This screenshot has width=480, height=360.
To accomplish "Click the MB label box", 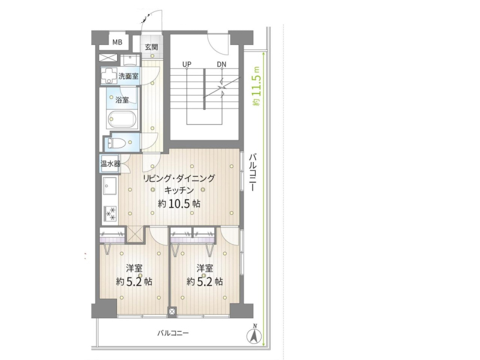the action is coord(117,42).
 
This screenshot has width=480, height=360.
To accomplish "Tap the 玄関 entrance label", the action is coord(151,47).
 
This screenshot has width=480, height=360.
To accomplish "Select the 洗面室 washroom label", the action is coord(128,76).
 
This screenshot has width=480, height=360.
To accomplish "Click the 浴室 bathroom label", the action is coord(122,100).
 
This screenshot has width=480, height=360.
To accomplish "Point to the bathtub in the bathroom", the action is coord(122,119).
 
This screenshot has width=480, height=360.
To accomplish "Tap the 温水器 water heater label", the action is coord(110,164).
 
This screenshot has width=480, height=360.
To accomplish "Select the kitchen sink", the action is coord(110,185).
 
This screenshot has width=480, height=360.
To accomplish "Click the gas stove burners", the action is coord(110,214).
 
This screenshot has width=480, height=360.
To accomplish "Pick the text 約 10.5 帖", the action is coord(179,203).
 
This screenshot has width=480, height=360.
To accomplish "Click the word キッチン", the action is coord(179,190).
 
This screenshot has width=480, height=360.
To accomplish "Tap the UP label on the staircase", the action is coord(187,64).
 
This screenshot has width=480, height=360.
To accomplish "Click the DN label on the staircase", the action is coord(221,64).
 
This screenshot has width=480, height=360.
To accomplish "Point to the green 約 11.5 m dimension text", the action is coord(257,86).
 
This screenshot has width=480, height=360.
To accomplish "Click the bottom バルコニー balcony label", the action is coord(173,333).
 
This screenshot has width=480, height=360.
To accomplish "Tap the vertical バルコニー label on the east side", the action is coord(252,172).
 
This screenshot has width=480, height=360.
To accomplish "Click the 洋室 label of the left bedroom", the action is coord(134,268).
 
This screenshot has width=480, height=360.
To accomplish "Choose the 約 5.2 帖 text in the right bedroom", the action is coord(205,281).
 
